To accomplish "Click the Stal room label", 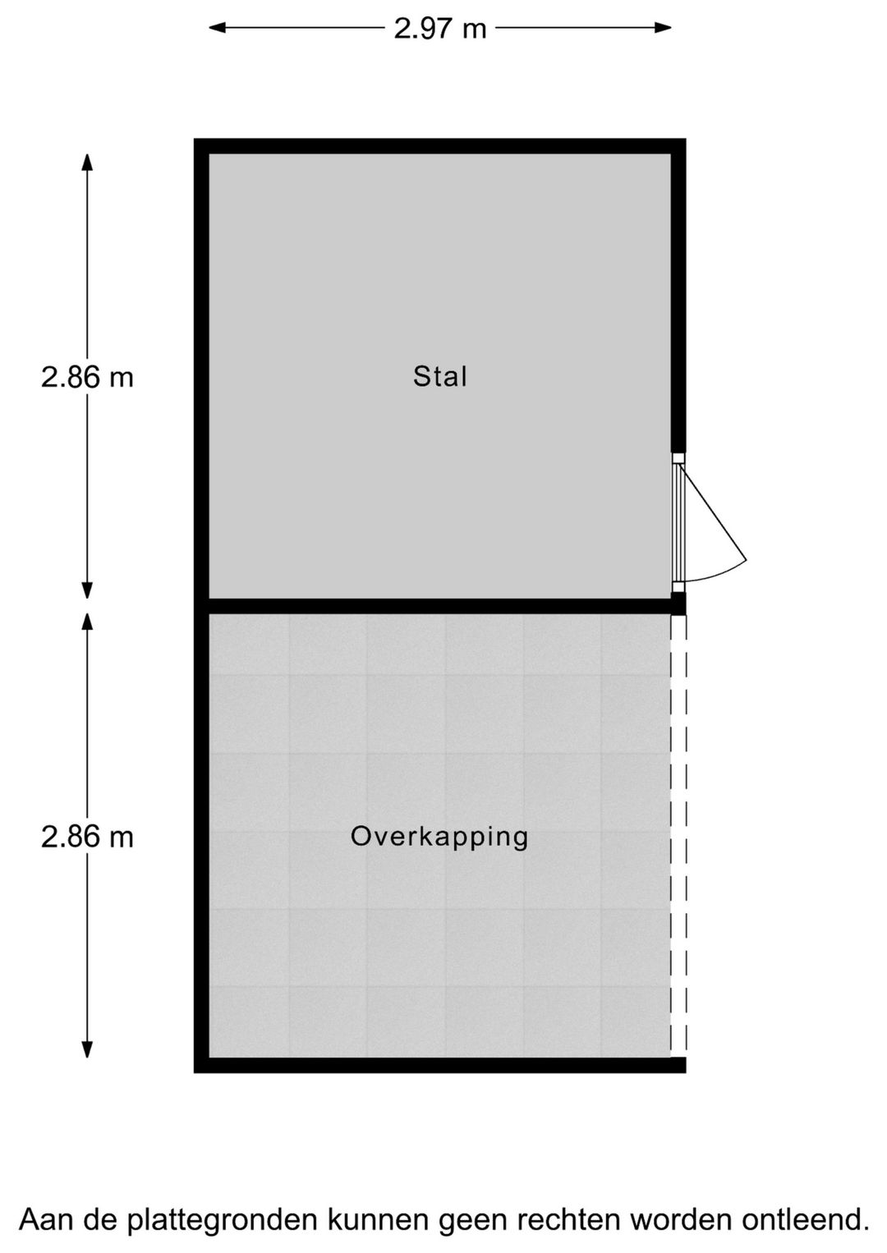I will (x=440, y=377).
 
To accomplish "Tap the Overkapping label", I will (x=439, y=837).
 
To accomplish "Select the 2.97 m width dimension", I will (x=440, y=29).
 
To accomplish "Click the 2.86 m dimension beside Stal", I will (x=87, y=378).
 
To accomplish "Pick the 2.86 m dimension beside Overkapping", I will (x=87, y=838).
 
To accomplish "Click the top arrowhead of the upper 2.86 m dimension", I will (x=87, y=161).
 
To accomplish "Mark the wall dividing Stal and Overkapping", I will (x=440, y=607).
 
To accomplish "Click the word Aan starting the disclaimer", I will (x=45, y=1220).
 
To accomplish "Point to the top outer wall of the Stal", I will (x=440, y=146).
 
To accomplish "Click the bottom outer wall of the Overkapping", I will (x=440, y=1065).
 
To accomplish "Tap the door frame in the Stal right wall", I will (x=678, y=523).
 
